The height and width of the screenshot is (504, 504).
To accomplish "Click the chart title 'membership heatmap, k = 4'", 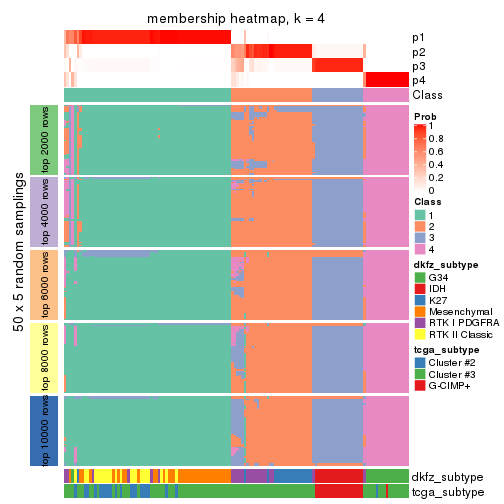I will pos(236,19).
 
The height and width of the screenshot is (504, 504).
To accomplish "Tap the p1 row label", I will pos(418,37).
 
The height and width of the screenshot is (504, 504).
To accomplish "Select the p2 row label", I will pos(418,51).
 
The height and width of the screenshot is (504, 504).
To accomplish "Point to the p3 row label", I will pos(418,66).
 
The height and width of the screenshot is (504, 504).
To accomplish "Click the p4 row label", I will pos(418,80).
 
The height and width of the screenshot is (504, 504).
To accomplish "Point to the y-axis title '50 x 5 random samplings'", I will pos(16,285).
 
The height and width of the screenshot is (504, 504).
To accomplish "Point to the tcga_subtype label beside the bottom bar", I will pos(448,492).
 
